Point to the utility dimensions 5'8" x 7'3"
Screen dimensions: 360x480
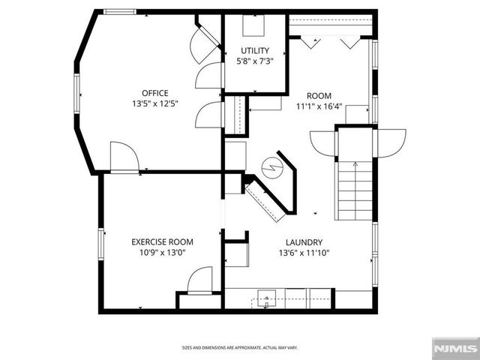pos(255,61)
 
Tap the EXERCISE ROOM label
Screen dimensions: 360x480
pos(162,241)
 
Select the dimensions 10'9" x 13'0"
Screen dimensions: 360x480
pos(162,253)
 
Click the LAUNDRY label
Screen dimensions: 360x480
pos(304,242)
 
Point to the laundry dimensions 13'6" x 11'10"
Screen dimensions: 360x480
pos(304,253)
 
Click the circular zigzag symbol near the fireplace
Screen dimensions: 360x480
pos(271,165)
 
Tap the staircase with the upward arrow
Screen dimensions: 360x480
pos(354,191)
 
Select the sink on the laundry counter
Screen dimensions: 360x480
pos(267,298)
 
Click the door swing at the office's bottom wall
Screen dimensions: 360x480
pos(124,158)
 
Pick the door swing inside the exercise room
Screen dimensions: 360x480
pos(199,280)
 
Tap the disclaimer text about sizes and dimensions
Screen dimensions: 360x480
pos(240,348)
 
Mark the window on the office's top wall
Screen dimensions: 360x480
pos(119,12)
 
